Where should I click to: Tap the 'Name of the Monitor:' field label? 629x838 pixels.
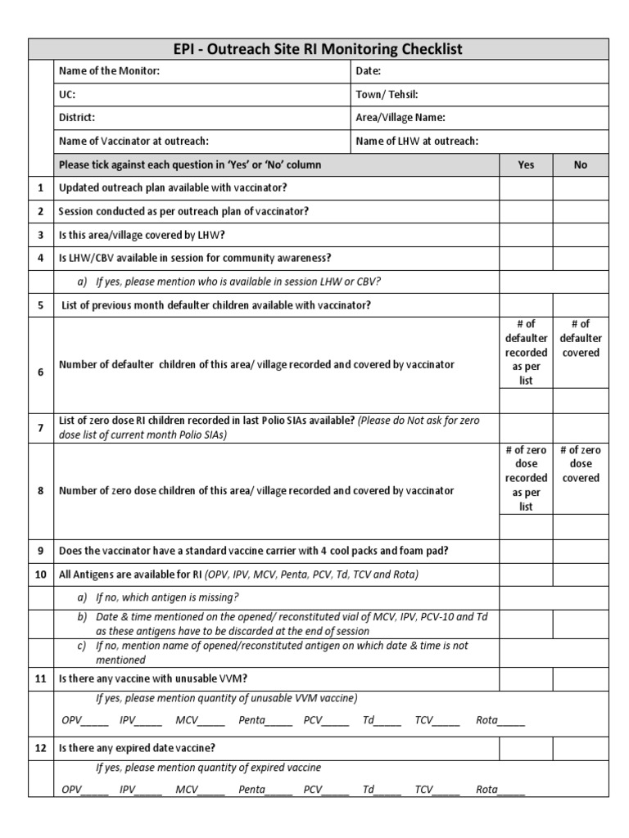click(x=109, y=71)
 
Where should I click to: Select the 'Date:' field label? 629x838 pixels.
click(x=369, y=71)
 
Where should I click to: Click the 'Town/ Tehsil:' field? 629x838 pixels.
click(x=387, y=94)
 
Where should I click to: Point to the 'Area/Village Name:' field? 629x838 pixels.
click(x=400, y=118)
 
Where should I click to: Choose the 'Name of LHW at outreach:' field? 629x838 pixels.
click(x=417, y=141)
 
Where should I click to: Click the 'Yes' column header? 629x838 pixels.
click(x=526, y=164)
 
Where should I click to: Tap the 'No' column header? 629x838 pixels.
click(x=581, y=164)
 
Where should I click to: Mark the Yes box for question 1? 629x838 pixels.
click(x=526, y=188)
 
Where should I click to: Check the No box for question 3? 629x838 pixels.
click(x=581, y=235)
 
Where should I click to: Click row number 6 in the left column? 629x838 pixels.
click(x=40, y=372)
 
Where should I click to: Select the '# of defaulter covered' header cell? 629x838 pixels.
click(x=581, y=338)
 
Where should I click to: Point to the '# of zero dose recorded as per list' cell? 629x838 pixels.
click(x=526, y=478)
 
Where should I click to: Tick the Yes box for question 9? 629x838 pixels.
click(x=526, y=551)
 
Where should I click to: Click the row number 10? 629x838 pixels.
click(x=40, y=574)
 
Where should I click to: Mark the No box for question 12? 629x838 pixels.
click(x=581, y=748)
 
